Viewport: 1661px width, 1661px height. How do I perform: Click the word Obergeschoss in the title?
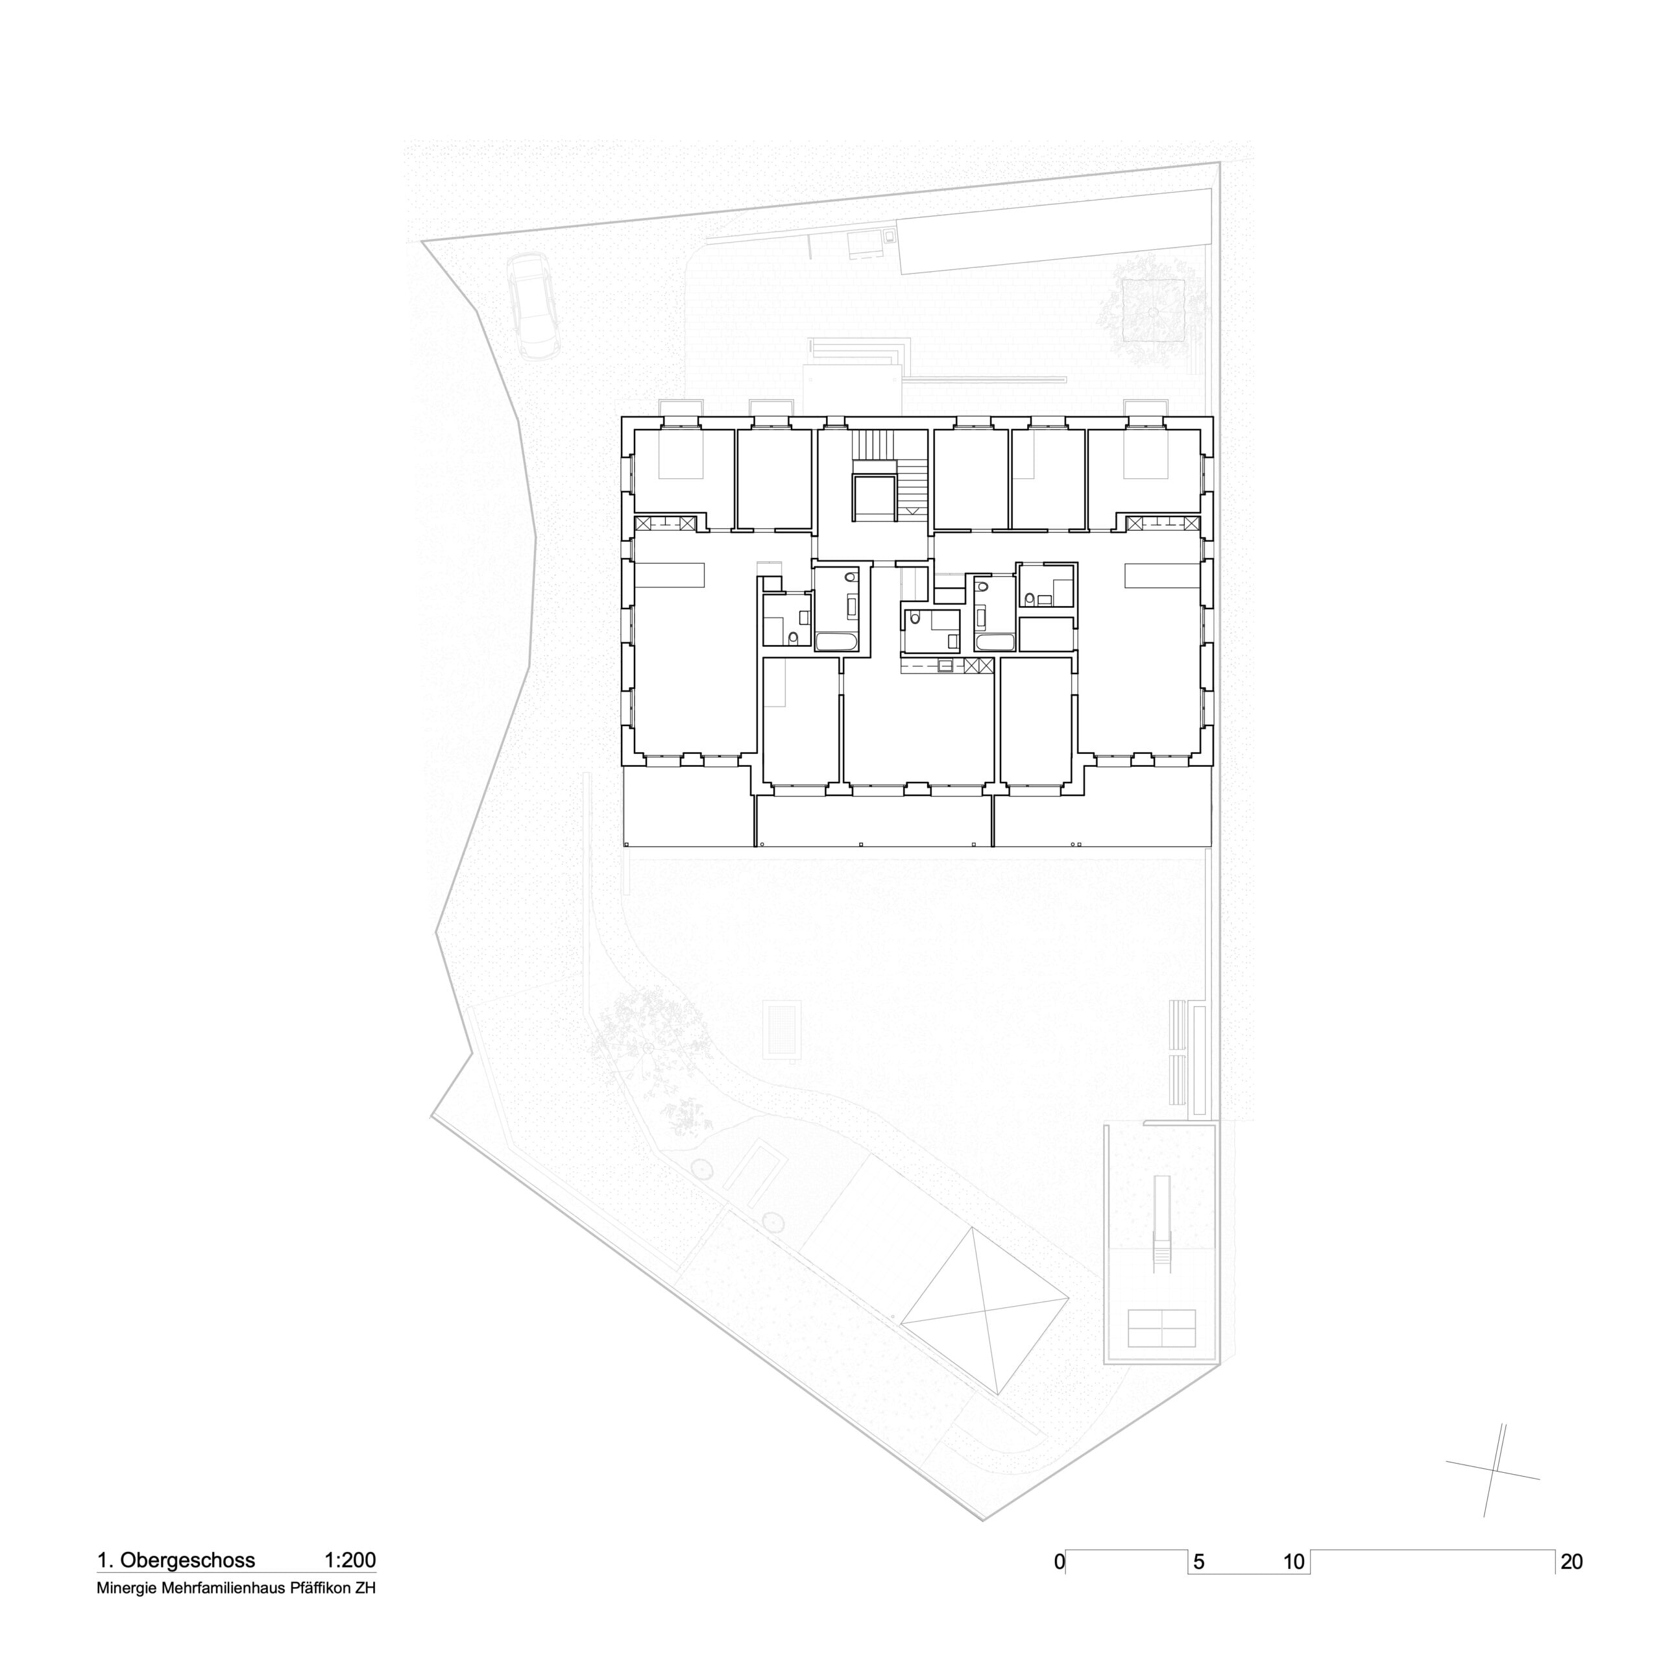click(x=188, y=1560)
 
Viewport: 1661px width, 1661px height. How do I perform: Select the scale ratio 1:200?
click(x=350, y=1560)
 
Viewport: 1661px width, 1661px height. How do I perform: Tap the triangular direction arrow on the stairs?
click(x=913, y=511)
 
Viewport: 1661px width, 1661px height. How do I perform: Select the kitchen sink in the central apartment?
click(x=947, y=664)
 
